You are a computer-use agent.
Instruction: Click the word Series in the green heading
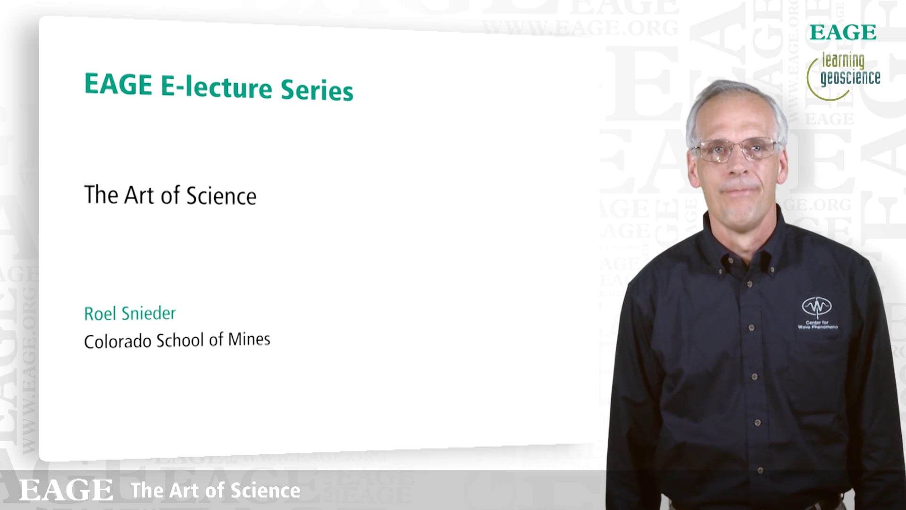point(317,89)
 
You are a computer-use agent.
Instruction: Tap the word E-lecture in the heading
point(217,87)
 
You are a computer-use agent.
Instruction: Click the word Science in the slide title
point(221,196)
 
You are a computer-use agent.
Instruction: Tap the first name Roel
point(100,314)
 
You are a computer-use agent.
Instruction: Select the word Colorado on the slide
point(117,341)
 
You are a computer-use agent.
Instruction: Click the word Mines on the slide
point(249,339)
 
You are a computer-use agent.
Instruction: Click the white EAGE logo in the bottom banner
point(66,490)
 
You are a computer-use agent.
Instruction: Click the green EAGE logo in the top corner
point(843,33)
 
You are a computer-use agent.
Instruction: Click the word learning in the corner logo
point(843,61)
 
